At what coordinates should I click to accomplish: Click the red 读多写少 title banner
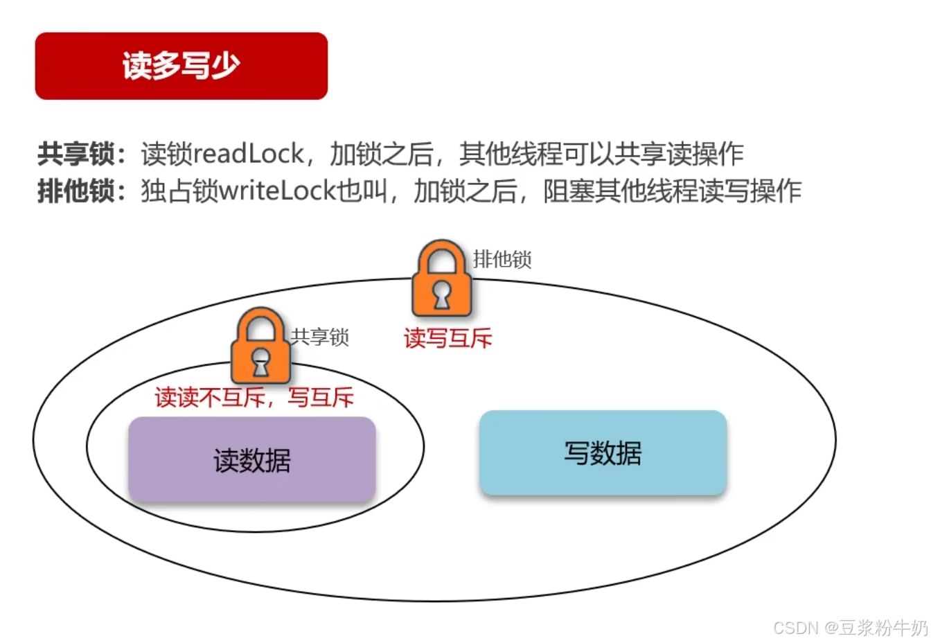[181, 66]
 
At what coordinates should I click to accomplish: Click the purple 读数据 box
[252, 459]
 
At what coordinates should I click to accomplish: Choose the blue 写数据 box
[603, 452]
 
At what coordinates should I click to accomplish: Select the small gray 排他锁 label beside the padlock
[502, 260]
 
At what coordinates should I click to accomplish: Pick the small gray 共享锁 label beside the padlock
[319, 337]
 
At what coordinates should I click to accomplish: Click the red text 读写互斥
[447, 338]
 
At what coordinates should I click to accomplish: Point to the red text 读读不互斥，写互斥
[254, 398]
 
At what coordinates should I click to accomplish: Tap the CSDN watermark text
[850, 628]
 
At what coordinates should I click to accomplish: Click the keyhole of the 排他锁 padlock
[441, 295]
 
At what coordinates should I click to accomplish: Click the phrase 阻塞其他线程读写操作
[672, 191]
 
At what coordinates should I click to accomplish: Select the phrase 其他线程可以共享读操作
[601, 154]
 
